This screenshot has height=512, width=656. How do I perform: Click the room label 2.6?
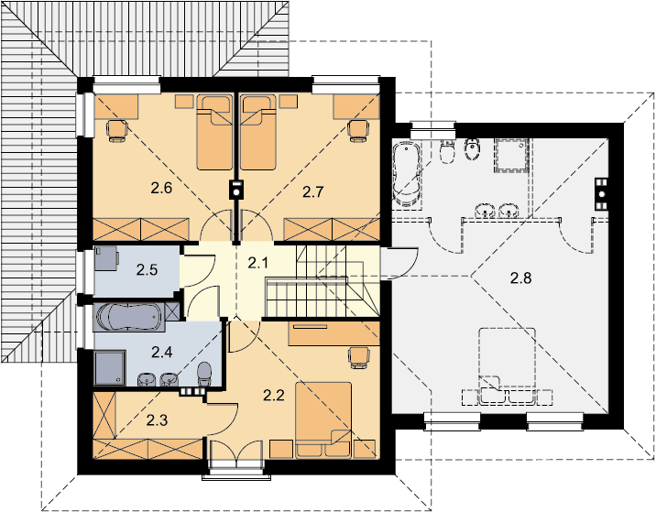click(x=161, y=189)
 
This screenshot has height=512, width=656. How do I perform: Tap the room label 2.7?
click(x=313, y=192)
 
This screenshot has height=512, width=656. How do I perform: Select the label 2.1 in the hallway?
click(x=257, y=263)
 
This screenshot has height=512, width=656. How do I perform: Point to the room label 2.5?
click(x=147, y=270)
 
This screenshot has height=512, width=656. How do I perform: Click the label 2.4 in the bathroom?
click(x=161, y=353)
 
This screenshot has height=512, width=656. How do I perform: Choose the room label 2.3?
click(x=157, y=420)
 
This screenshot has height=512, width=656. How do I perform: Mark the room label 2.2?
click(x=274, y=395)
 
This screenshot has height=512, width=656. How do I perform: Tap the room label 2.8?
click(x=521, y=278)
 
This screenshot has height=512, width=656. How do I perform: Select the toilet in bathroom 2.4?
click(x=204, y=374)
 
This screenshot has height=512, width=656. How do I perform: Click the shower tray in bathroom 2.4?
click(x=110, y=367)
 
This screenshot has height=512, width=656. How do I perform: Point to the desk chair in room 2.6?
click(x=116, y=131)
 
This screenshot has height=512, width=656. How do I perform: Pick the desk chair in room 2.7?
click(x=358, y=131)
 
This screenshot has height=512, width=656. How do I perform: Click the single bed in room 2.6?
click(x=214, y=132)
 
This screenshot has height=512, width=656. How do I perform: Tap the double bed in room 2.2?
click(x=323, y=420)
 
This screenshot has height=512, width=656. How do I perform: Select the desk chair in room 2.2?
click(x=358, y=358)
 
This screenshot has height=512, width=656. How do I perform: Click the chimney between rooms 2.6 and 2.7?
click(x=236, y=190)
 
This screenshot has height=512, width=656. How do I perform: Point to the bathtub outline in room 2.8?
click(x=406, y=175)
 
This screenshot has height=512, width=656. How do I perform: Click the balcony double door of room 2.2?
click(x=236, y=454)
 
